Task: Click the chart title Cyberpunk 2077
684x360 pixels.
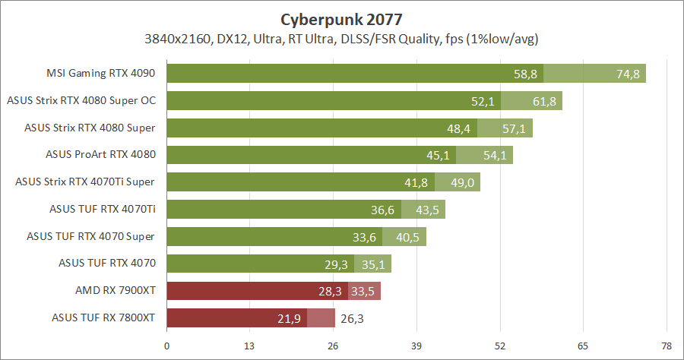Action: (x=341, y=17)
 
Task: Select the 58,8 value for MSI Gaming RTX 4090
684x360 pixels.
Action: (x=525, y=74)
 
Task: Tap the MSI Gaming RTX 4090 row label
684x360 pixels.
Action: (x=101, y=74)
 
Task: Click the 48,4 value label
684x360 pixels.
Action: (x=460, y=128)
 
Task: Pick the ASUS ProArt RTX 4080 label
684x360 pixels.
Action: (x=101, y=154)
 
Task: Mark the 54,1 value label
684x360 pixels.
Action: (x=496, y=156)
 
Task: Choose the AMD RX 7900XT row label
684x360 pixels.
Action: (x=116, y=291)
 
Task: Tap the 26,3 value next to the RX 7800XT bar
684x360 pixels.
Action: (x=352, y=319)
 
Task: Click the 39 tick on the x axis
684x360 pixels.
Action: (x=416, y=346)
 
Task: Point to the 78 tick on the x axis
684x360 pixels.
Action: (x=666, y=346)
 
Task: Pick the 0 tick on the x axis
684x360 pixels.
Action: (x=167, y=346)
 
